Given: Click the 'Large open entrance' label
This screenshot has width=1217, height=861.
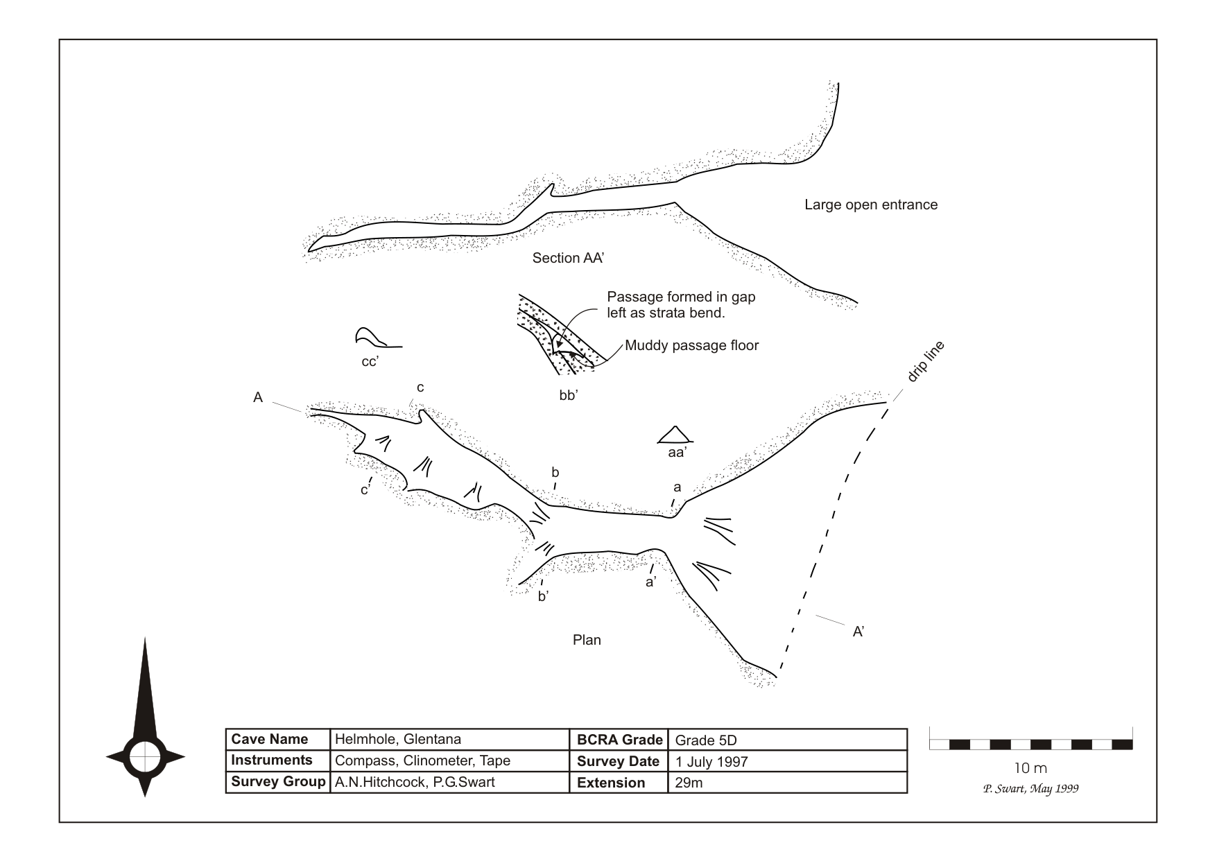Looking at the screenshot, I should pyautogui.click(x=870, y=205).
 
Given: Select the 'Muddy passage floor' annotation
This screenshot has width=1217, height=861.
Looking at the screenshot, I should pyautogui.click(x=691, y=345).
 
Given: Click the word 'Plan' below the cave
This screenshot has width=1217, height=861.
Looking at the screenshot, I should pyautogui.click(x=587, y=640).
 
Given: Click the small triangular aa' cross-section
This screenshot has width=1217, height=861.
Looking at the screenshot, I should pyautogui.click(x=674, y=435).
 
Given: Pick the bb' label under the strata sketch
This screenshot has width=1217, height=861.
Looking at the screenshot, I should pyautogui.click(x=569, y=397).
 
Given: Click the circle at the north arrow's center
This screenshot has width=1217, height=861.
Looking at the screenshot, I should pyautogui.click(x=145, y=756).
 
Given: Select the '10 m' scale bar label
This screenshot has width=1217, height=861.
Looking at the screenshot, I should pyautogui.click(x=1030, y=768).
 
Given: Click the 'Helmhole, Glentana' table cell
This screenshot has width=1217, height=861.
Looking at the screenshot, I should pyautogui.click(x=397, y=739).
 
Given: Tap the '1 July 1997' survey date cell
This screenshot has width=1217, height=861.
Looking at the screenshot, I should pyautogui.click(x=711, y=762).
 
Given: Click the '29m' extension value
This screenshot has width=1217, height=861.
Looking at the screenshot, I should pyautogui.click(x=689, y=783).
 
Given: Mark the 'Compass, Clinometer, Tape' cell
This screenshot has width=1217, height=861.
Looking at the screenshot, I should pyautogui.click(x=422, y=760).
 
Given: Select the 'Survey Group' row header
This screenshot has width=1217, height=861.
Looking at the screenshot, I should pyautogui.click(x=277, y=782).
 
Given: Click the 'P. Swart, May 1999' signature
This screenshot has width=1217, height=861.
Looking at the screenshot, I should pyautogui.click(x=1030, y=789).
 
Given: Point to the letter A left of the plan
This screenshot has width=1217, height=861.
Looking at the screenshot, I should pyautogui.click(x=258, y=398).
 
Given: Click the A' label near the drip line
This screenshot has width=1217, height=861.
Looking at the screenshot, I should pyautogui.click(x=858, y=632).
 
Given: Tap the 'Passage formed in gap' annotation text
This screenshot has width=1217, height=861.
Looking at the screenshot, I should pyautogui.click(x=680, y=297).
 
